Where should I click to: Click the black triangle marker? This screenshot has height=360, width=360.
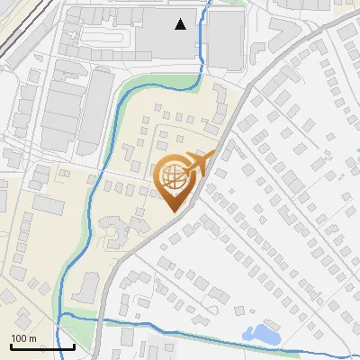coord(182,24)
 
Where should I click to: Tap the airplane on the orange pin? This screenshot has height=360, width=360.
coord(199,164)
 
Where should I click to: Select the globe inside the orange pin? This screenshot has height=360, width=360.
coord(175,178)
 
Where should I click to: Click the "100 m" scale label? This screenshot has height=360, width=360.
coord(23,338)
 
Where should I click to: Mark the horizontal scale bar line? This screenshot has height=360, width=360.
coord(42,346)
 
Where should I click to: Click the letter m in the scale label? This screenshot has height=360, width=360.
coord(32,338)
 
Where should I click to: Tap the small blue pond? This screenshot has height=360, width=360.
coord(263,333)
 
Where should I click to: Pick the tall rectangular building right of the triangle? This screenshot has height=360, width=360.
coord(226,40)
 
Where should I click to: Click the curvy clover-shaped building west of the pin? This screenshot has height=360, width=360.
coord(115,236)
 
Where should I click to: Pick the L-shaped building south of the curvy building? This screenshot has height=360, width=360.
coord(88,286)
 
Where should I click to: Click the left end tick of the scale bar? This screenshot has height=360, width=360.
coord(11,345)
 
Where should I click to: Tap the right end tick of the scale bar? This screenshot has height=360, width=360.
coord(74,345)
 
